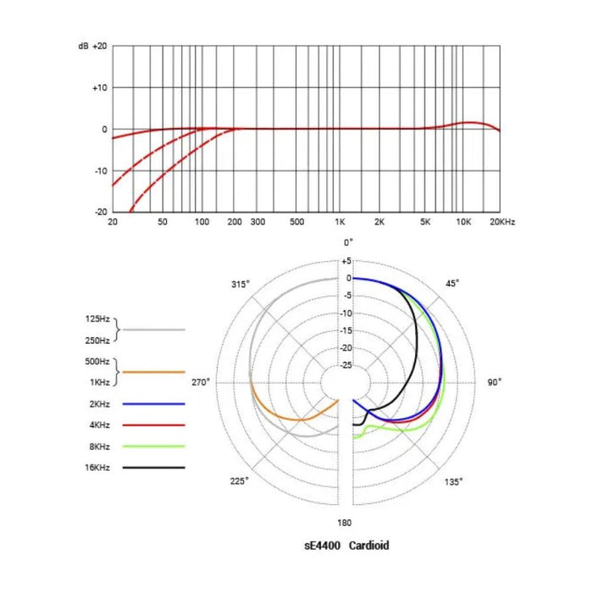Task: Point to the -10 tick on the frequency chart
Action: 101,170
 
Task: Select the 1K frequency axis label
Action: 340,222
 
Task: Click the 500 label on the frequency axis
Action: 296,222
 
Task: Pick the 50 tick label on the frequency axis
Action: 163,222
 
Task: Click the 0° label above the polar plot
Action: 347,242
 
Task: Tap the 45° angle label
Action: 452,283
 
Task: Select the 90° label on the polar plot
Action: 495,382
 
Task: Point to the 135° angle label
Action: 454,481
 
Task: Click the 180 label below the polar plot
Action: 345,523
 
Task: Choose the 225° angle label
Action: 240,481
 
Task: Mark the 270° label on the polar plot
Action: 200,382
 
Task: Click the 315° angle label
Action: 241,283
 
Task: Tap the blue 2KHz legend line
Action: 153,403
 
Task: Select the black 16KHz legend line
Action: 153,467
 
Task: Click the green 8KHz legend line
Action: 153,446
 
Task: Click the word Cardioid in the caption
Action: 366,546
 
